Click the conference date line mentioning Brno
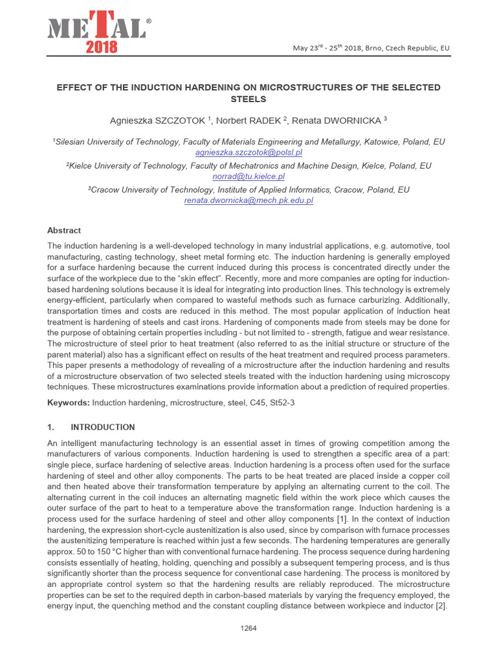[x=371, y=48]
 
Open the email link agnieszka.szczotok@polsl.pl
[x=248, y=152]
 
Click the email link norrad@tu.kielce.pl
[x=248, y=176]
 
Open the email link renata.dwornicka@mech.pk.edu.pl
[x=248, y=200]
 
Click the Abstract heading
[x=64, y=230]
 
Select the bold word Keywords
[x=69, y=403]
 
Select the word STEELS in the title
[x=248, y=99]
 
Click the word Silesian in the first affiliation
[x=70, y=142]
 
